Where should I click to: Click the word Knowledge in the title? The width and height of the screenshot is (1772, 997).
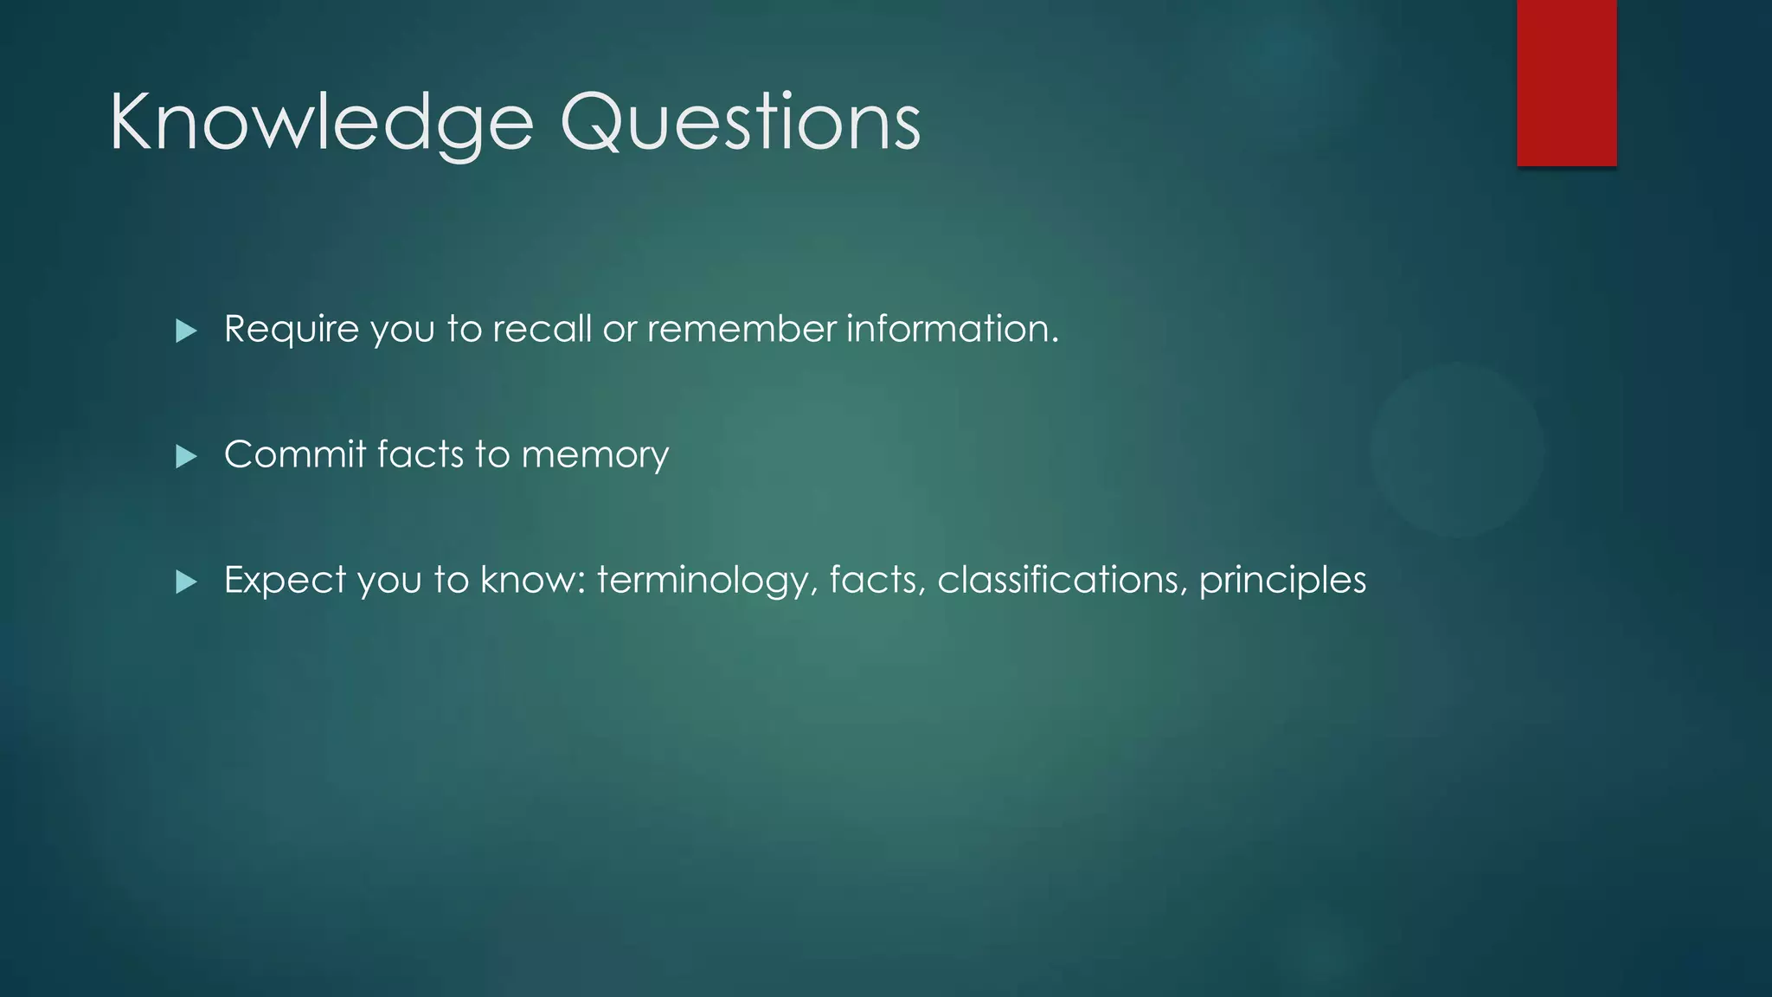pyautogui.click(x=321, y=123)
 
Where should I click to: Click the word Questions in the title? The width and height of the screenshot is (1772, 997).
pyautogui.click(x=741, y=123)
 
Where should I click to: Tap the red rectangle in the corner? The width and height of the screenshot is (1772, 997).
pyautogui.click(x=1566, y=83)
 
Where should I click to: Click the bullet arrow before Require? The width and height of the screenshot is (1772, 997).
pyautogui.click(x=186, y=331)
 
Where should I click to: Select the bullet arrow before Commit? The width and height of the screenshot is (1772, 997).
pyautogui.click(x=186, y=456)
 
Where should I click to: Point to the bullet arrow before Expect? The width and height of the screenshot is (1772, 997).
pyautogui.click(x=186, y=582)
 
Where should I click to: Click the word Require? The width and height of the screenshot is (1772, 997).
pyautogui.click(x=292, y=330)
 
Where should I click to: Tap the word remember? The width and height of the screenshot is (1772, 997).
pyautogui.click(x=742, y=330)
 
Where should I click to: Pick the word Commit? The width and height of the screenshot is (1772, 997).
pyautogui.click(x=294, y=454)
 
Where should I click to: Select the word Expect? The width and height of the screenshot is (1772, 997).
pyautogui.click(x=285, y=580)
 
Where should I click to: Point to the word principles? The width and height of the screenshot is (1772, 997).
pyautogui.click(x=1281, y=581)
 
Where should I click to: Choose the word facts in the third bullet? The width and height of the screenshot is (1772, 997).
pyautogui.click(x=876, y=580)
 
